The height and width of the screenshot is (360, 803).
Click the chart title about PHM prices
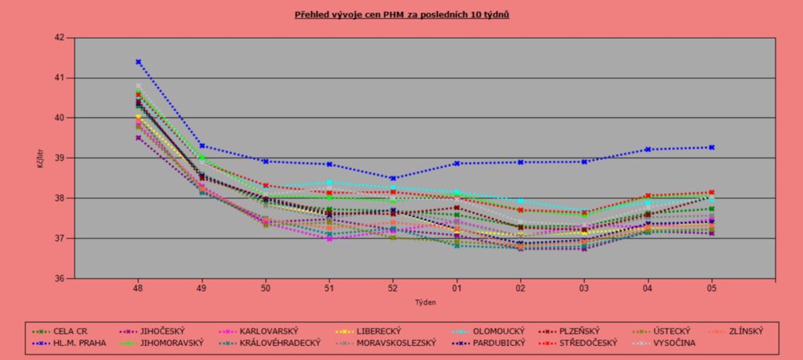tap(401, 15)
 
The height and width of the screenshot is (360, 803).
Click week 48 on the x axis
tap(138, 287)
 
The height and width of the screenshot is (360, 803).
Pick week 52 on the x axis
tap(393, 287)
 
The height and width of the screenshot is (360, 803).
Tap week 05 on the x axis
tap(711, 287)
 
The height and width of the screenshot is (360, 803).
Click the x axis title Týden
tap(424, 301)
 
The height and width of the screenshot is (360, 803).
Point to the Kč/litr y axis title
tap(39, 158)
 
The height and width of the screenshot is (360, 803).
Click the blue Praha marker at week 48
tap(138, 62)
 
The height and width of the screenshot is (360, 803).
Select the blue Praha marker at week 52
tap(393, 178)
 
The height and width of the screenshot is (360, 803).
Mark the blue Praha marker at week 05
tap(711, 147)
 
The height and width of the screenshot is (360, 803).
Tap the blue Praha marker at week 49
tap(202, 146)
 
